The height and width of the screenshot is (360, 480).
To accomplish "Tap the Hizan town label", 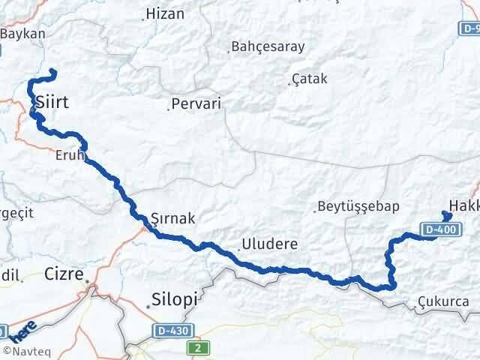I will pyautogui.click(x=164, y=13).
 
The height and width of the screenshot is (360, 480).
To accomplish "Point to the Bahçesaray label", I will pyautogui.click(x=268, y=46).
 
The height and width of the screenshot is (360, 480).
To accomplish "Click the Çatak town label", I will pyautogui.click(x=310, y=79).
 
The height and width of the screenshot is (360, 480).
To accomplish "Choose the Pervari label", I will pyautogui.click(x=196, y=104).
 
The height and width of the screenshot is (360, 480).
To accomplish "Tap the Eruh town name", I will pyautogui.click(x=68, y=156).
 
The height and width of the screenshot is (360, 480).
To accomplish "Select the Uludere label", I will pyautogui.click(x=269, y=244).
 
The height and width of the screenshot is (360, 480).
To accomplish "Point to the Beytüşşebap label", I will pyautogui.click(x=358, y=206).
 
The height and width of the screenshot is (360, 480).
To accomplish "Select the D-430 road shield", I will pyautogui.click(x=172, y=330).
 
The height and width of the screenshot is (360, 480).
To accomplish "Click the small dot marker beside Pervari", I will pyautogui.click(x=168, y=109).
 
